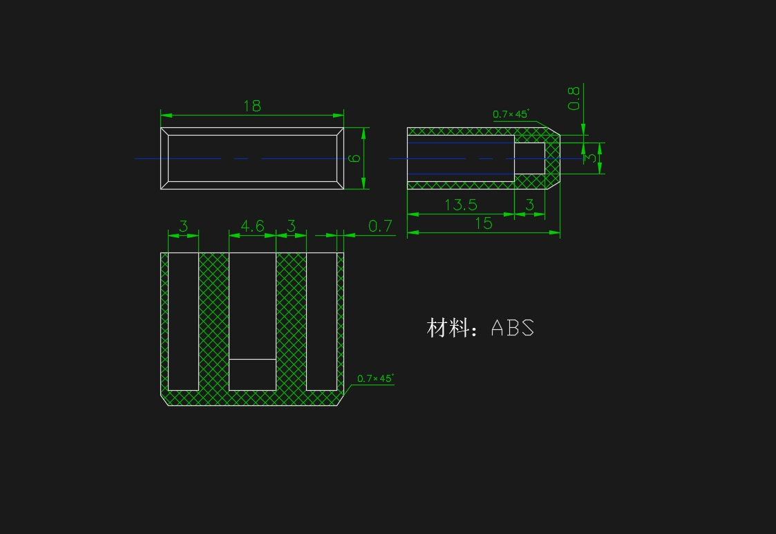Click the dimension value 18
pyautogui.click(x=252, y=106)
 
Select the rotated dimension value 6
pyautogui.click(x=354, y=158)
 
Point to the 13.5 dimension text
pyautogui.click(x=461, y=205)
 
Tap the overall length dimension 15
pyautogui.click(x=484, y=223)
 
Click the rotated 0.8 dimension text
pyautogui.click(x=574, y=98)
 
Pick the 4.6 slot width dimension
pyautogui.click(x=252, y=226)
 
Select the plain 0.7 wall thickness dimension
pyautogui.click(x=380, y=226)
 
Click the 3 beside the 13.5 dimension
pyautogui.click(x=529, y=205)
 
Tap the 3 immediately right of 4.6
pyautogui.click(x=291, y=226)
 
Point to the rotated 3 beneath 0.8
pyautogui.click(x=591, y=158)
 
